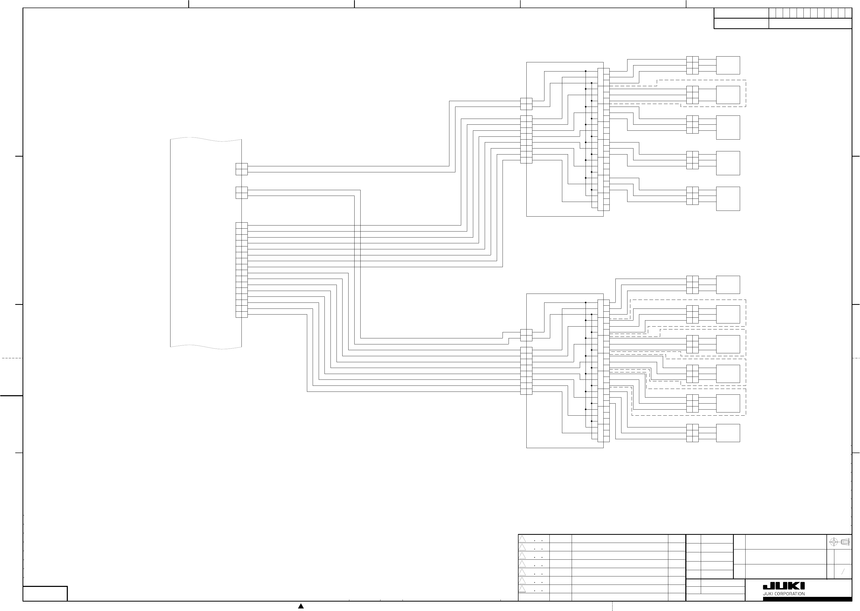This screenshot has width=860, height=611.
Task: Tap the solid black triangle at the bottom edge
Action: point(301,606)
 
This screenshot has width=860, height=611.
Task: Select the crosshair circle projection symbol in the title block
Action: point(833,542)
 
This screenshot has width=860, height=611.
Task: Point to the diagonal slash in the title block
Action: point(843,572)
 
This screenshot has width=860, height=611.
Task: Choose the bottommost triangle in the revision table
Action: point(522,589)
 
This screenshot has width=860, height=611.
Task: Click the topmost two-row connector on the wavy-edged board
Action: point(241,169)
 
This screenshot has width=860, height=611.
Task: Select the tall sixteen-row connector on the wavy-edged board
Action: point(241,270)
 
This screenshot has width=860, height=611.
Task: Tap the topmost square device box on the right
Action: point(728,65)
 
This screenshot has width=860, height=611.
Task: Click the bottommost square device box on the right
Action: point(728,433)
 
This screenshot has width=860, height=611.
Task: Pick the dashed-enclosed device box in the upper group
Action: point(728,95)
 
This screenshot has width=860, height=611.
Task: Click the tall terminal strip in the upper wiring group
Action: point(603,140)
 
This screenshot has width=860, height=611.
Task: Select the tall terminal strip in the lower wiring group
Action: point(603,371)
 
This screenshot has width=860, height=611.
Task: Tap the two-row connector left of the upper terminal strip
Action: point(526,104)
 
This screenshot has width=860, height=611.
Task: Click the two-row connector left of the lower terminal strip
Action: point(526,335)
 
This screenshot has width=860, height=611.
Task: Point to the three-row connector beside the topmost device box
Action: point(692,65)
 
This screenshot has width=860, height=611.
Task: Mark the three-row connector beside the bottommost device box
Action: point(692,433)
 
